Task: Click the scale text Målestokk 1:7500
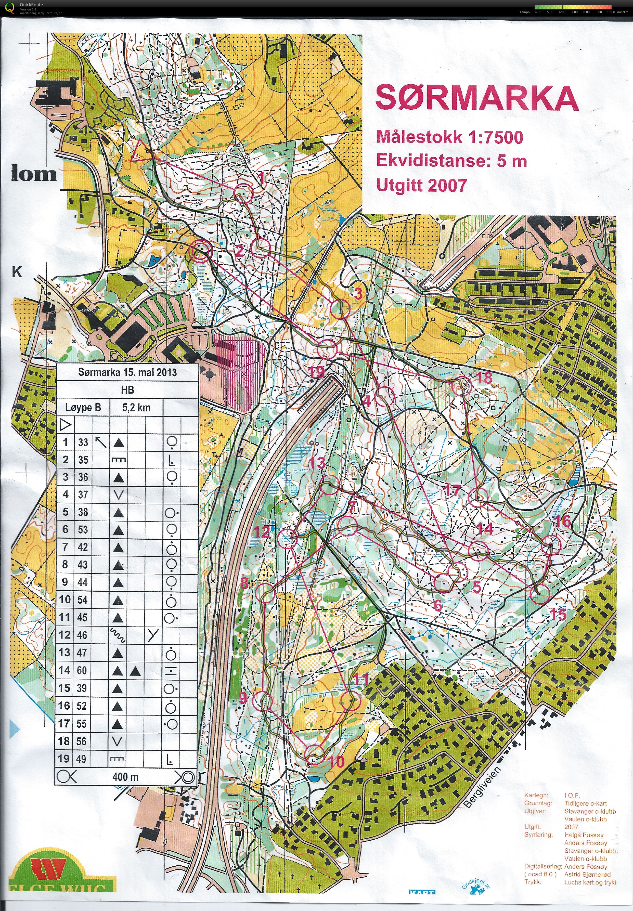coord(449,137)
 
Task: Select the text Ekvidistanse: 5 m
coord(451,161)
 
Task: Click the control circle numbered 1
coord(243,193)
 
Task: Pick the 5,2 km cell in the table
coord(136,407)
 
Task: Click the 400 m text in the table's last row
coord(125,777)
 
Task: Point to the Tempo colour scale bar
coord(573,7)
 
